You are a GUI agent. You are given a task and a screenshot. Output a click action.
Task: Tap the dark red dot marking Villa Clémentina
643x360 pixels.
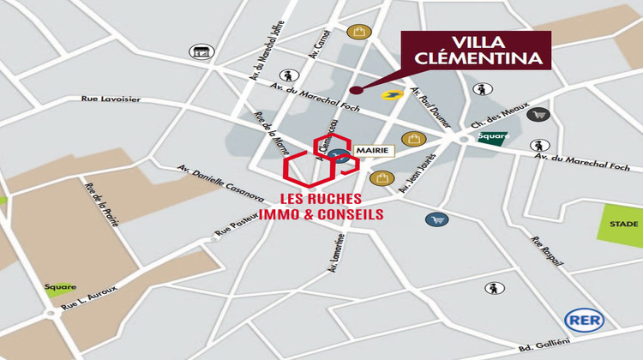click(x=352, y=88)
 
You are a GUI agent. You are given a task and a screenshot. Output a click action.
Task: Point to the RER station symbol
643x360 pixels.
click(x=585, y=321)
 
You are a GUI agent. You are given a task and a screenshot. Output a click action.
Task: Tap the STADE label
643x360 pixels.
click(x=624, y=223)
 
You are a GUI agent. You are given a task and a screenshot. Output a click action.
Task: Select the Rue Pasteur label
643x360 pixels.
click(x=237, y=225)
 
